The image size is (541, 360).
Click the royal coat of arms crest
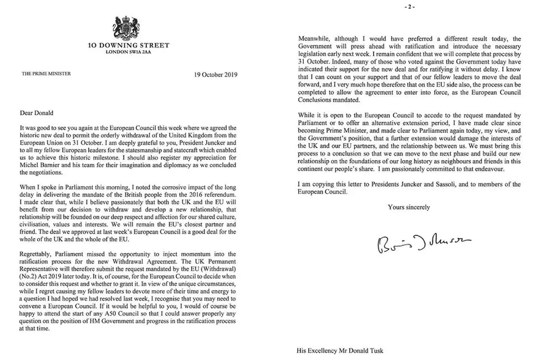coord(129,27)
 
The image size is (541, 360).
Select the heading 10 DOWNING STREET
coord(129,45)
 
